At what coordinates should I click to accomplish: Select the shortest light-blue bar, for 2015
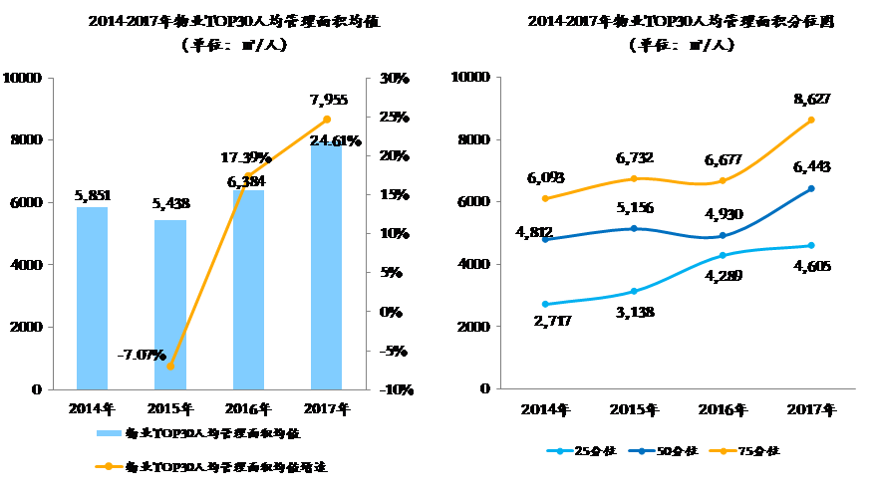[x=170, y=304]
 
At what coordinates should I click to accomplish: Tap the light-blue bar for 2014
[x=92, y=298]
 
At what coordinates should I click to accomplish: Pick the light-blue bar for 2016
[x=248, y=289]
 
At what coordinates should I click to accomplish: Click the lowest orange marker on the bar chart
[x=170, y=366]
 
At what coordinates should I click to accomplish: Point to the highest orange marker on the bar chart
[x=327, y=120]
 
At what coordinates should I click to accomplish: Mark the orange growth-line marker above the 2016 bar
[x=248, y=176]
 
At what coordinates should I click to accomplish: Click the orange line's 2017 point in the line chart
[x=811, y=120]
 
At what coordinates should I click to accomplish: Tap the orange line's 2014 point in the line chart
[x=544, y=198]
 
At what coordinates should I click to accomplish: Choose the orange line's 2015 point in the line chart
[x=633, y=178]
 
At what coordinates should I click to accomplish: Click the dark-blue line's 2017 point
[x=811, y=187]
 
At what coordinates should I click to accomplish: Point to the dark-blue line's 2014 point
[x=544, y=239]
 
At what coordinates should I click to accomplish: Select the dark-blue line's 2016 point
[x=723, y=236]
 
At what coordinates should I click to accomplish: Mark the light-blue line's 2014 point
[x=544, y=304]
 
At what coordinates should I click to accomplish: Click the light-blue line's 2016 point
[x=723, y=256]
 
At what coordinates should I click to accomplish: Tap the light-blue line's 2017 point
[x=811, y=245]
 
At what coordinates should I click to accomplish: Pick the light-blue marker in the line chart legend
[x=561, y=451]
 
